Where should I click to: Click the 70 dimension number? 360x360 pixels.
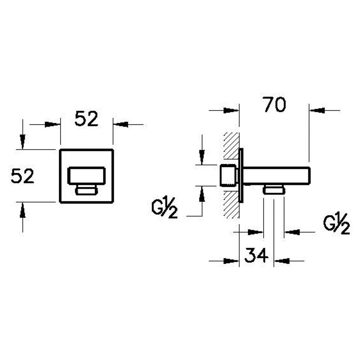pos(275,105)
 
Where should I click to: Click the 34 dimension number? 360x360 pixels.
pos(256,255)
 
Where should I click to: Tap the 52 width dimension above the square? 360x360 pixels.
pos(86,118)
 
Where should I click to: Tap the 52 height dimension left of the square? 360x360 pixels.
pos(22,176)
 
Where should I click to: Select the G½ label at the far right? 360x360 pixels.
pos(337,224)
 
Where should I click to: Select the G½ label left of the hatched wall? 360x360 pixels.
pos(165,208)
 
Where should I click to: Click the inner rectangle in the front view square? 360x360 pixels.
pos(86,176)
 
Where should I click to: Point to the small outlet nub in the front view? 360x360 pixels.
pos(86,190)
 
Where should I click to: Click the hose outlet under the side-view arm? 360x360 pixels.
pos(274,190)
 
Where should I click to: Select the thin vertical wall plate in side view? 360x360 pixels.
pos(241,175)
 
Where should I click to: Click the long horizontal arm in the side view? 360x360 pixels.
pos(277,176)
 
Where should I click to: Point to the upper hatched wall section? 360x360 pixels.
pos(231,148)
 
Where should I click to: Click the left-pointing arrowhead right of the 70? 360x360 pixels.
pos(317,110)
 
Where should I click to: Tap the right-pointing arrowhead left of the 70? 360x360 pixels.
pos(231,110)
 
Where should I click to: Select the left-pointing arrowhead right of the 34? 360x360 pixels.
pos(281,261)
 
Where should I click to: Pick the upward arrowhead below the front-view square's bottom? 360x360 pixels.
pos(22,210)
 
